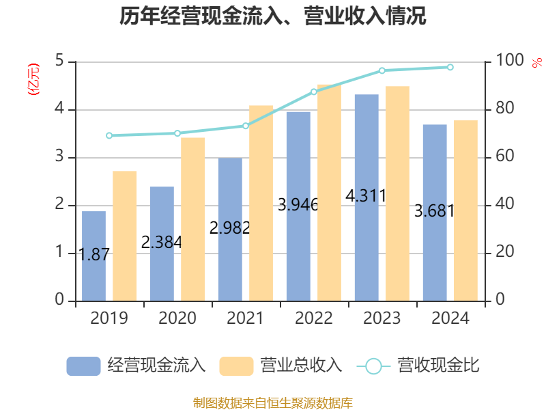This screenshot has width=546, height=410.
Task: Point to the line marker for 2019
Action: pyautogui.click(x=109, y=135)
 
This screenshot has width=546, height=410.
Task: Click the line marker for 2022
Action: pyautogui.click(x=314, y=92)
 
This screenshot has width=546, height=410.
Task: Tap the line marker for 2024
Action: pyautogui.click(x=450, y=67)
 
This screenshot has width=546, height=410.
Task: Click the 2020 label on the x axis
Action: pyautogui.click(x=177, y=318)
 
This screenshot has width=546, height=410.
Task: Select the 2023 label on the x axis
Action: pyautogui.click(x=382, y=318)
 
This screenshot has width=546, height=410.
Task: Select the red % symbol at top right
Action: pyautogui.click(x=536, y=63)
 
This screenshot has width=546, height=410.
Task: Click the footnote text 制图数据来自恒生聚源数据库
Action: pyautogui.click(x=273, y=402)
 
